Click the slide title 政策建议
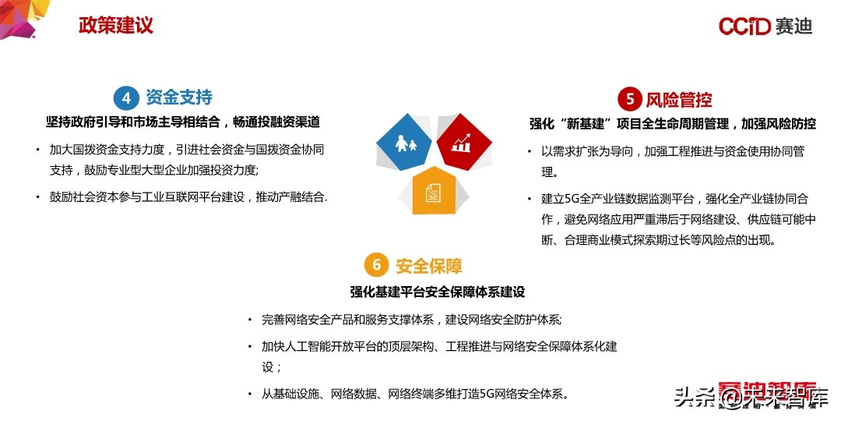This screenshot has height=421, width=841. point(116,25)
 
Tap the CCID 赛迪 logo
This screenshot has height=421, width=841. point(765,27)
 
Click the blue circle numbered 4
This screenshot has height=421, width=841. point(126,97)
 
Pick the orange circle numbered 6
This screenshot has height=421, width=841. point(377,265)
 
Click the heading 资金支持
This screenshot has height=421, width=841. point(178,97)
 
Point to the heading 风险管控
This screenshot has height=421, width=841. point(679,100)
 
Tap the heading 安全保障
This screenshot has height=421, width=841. point(429,266)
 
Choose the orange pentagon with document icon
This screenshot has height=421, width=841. point(433,189)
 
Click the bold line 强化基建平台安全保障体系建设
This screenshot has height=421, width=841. point(437,292)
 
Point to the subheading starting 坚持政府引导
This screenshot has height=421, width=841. point(183,122)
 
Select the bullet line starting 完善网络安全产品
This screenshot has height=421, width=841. point(411,320)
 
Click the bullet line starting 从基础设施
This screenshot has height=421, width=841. point(414,394)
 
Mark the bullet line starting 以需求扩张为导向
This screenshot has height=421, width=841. point(673,151)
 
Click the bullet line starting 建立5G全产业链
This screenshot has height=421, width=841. point(673,198)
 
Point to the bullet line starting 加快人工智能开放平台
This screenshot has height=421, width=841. point(439,346)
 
